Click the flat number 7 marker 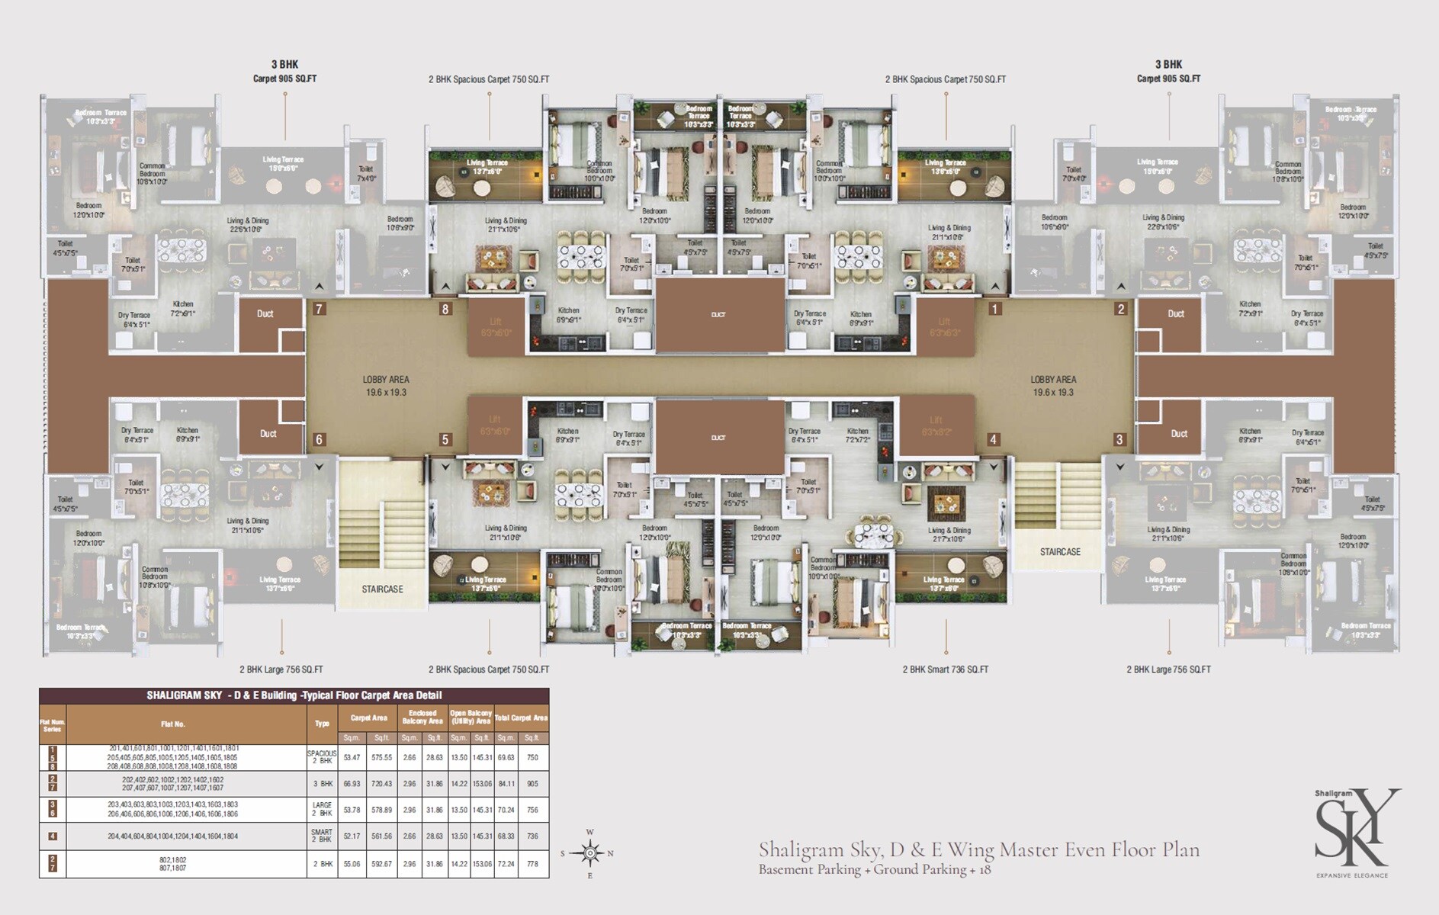[320, 309]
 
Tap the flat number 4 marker [993, 439]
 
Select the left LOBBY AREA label [386, 385]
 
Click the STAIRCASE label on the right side [1060, 551]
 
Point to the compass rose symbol [590, 852]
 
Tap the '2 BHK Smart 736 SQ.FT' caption [946, 669]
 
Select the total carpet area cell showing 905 [532, 784]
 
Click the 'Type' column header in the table [322, 724]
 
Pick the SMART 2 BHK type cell [322, 836]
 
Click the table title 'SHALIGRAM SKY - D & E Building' [294, 695]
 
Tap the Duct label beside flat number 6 [268, 433]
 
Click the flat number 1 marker [994, 309]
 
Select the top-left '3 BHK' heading [284, 65]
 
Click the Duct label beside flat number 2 [1176, 313]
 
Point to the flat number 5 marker [445, 439]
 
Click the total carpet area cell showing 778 [532, 864]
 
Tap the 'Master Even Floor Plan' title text [979, 849]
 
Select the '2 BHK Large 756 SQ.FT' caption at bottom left [281, 669]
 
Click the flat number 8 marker [445, 309]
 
